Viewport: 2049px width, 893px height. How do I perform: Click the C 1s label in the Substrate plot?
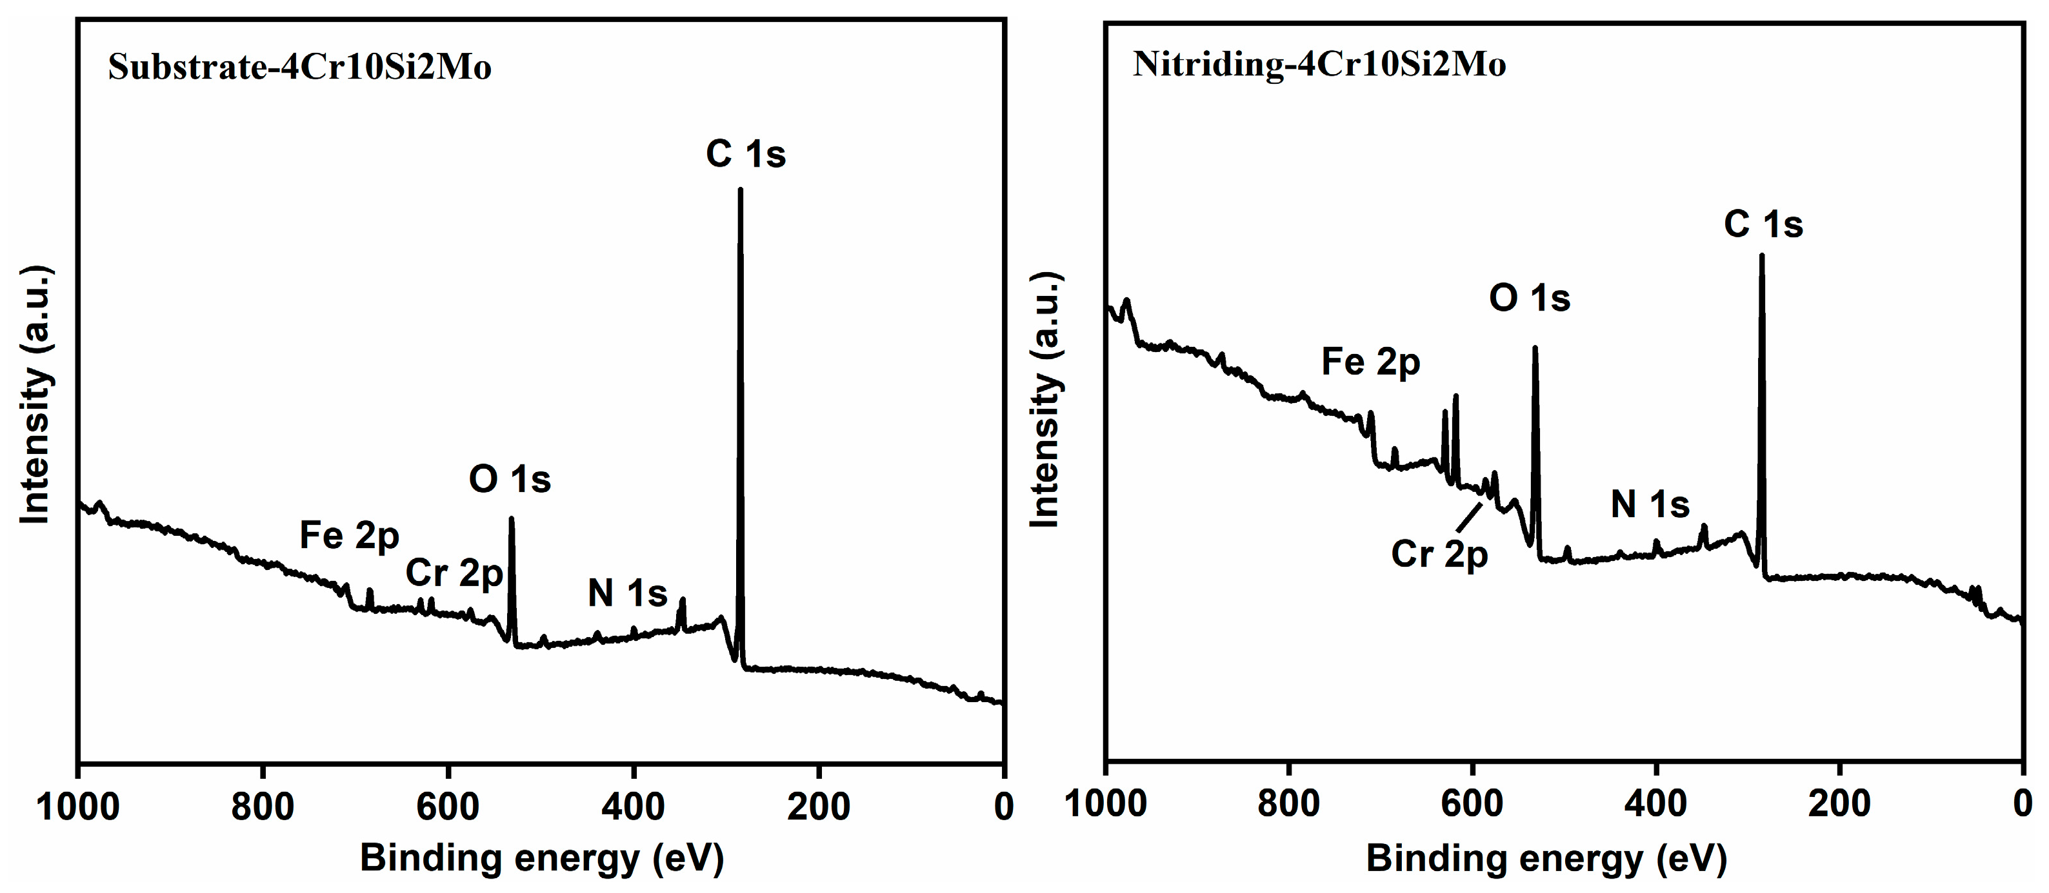(x=745, y=153)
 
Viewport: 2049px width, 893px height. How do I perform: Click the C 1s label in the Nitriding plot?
(x=1763, y=224)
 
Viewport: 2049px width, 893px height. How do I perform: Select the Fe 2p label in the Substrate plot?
(x=348, y=536)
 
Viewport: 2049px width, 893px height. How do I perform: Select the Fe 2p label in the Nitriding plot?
(x=1370, y=362)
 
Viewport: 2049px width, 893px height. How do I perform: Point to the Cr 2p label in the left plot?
(x=454, y=573)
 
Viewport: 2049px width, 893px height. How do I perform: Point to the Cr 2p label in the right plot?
(x=1438, y=554)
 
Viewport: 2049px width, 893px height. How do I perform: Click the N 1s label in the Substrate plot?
(x=627, y=593)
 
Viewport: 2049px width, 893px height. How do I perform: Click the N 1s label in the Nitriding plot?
(x=1650, y=505)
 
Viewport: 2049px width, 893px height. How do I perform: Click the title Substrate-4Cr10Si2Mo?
(x=300, y=67)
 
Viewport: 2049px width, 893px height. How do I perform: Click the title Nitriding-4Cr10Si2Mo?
(x=1319, y=64)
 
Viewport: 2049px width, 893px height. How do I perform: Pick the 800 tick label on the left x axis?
(x=263, y=807)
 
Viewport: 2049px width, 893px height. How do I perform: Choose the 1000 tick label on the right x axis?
(x=1106, y=804)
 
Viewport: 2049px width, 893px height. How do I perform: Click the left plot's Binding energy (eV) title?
(x=542, y=859)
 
